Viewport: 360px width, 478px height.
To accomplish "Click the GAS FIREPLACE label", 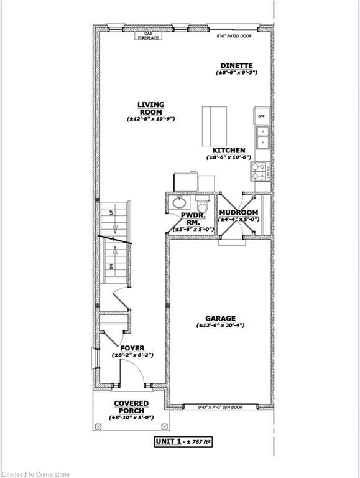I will click(x=152, y=35).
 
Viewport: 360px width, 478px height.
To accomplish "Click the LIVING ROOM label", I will click(x=151, y=108).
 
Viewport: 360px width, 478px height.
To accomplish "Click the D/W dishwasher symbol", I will click(x=262, y=116).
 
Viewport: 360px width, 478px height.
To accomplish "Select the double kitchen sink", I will click(x=262, y=137).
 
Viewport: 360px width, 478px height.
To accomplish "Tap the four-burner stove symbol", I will click(x=259, y=170).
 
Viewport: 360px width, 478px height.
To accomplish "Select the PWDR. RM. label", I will click(x=190, y=219).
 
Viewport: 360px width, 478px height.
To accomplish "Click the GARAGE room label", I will click(x=220, y=319).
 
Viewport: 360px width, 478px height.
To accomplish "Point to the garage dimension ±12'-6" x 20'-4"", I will click(x=220, y=326).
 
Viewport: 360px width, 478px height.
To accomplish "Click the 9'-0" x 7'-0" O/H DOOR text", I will click(x=220, y=407).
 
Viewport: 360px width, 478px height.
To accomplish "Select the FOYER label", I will click(x=132, y=348).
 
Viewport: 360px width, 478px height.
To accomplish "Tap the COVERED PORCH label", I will click(x=131, y=407).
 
